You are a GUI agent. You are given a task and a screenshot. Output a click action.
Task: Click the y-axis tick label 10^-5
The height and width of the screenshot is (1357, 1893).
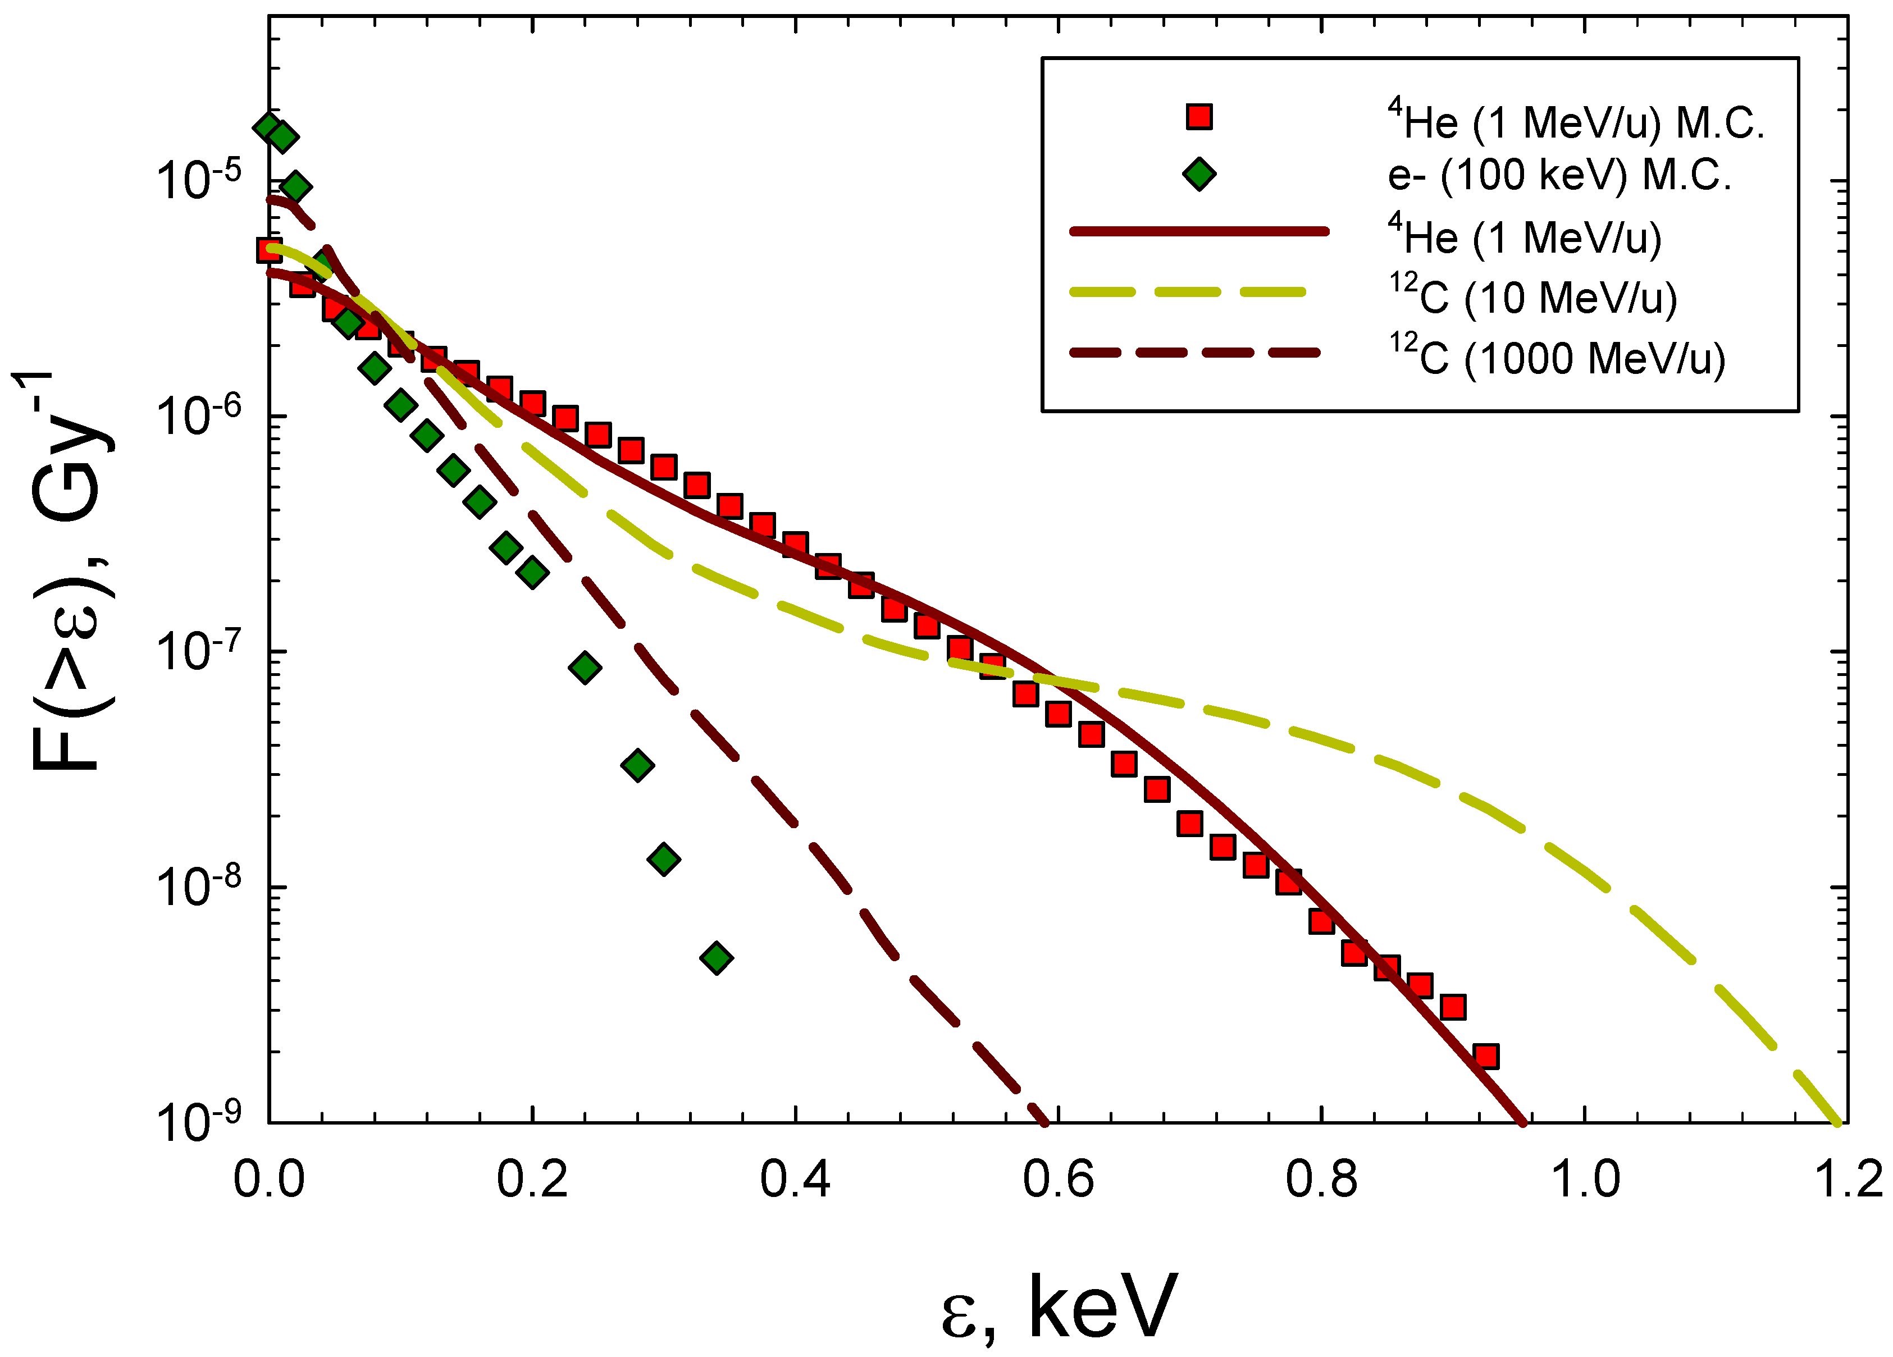click(x=199, y=180)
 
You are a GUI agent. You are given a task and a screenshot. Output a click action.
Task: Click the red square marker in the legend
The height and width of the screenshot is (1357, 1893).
click(x=1199, y=116)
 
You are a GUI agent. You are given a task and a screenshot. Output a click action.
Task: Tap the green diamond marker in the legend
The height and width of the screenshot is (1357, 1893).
click(x=1199, y=175)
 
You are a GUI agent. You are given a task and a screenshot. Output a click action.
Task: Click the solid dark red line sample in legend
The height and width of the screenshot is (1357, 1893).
click(x=1199, y=231)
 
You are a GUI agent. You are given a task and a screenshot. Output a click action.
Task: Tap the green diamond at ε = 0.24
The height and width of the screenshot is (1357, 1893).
click(x=586, y=668)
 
